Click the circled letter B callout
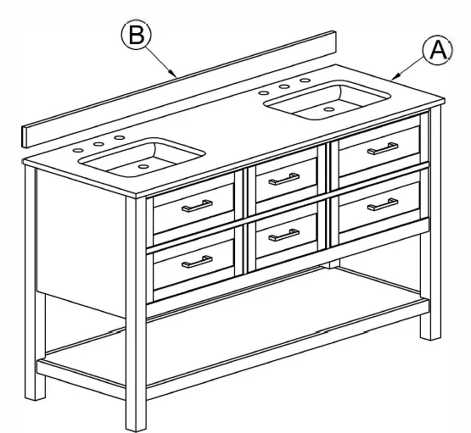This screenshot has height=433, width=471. [135, 36]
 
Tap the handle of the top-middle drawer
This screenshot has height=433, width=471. [283, 178]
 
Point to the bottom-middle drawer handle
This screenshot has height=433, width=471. [283, 234]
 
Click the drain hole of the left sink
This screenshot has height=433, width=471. [142, 167]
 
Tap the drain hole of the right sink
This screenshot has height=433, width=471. [329, 109]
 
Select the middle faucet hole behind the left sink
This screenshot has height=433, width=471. [98, 144]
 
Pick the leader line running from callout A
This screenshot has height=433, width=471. [412, 67]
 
